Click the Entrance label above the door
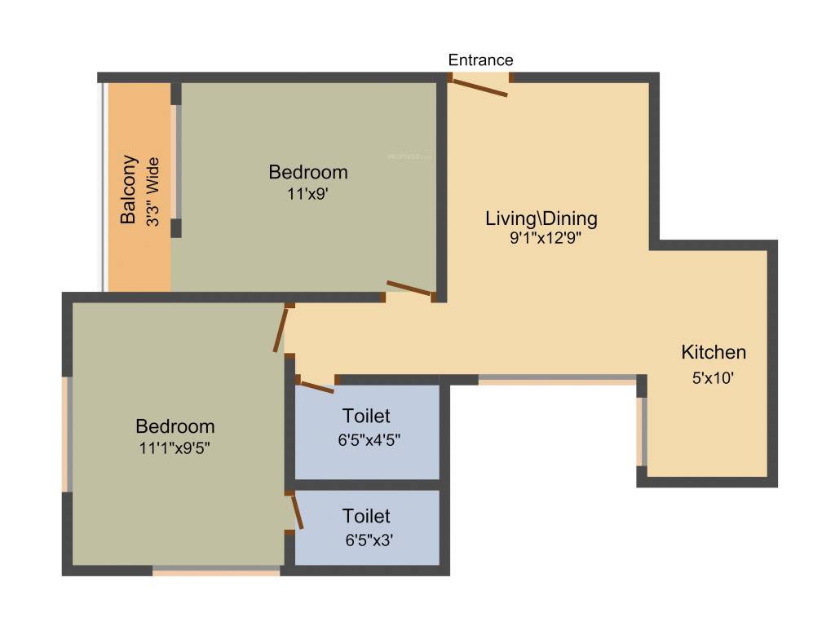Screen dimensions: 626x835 [x=481, y=60]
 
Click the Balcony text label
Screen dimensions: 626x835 [x=128, y=189]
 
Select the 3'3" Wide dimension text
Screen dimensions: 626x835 [x=152, y=193]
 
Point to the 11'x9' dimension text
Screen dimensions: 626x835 [x=308, y=194]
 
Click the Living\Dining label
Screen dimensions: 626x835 [x=541, y=218]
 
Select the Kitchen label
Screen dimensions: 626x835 [x=714, y=353]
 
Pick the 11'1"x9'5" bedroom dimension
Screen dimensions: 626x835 [x=175, y=447]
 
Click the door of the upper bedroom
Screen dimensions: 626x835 [x=409, y=288]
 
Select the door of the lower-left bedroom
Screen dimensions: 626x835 [x=281, y=329]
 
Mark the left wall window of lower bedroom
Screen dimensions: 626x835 [x=68, y=434]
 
